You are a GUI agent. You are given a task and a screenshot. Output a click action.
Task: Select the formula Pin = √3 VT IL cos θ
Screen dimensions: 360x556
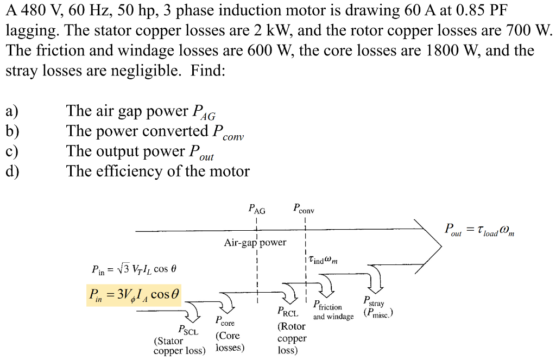point(134,269)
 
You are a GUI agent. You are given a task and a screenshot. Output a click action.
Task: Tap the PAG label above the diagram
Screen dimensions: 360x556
point(256,209)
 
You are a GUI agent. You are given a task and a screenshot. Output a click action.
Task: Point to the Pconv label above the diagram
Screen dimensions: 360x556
point(304,208)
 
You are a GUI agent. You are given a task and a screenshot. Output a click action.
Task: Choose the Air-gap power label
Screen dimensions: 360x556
point(255,243)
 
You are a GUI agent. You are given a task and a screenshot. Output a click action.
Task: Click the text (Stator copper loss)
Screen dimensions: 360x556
point(179,346)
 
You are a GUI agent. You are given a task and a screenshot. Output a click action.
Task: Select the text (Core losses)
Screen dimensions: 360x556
point(230,342)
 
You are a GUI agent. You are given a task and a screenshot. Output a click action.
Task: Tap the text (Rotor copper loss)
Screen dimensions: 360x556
point(292,338)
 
